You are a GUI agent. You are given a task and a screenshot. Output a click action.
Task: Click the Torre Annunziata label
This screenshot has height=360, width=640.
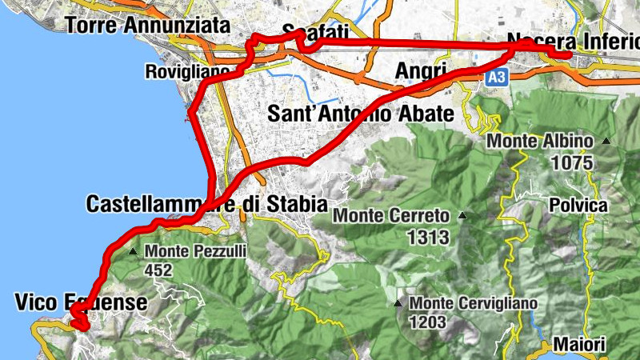(x=147, y=26)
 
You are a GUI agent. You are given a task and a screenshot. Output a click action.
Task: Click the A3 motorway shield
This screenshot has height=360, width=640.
(x=496, y=78)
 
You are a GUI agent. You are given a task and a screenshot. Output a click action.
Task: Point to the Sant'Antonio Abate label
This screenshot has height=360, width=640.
(x=361, y=113)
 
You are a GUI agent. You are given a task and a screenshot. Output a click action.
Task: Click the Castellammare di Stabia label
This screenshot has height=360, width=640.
(x=206, y=204)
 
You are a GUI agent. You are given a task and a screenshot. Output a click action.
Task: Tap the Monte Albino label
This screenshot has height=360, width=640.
(x=541, y=142)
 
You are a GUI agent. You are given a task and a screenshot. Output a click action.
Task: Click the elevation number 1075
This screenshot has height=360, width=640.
(x=572, y=163)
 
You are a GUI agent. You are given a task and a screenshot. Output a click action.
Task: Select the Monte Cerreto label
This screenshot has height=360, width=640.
(x=392, y=215)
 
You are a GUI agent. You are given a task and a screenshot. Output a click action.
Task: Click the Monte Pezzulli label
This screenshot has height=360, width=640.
(x=196, y=251)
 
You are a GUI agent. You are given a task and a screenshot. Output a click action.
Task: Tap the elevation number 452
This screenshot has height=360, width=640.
(x=158, y=270)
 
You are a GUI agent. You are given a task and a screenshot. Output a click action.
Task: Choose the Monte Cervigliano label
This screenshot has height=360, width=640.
(x=473, y=304)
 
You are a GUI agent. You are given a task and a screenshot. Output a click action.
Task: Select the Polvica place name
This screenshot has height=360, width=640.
(x=578, y=205)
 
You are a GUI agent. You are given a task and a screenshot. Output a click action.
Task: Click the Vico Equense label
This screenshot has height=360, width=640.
(x=81, y=302)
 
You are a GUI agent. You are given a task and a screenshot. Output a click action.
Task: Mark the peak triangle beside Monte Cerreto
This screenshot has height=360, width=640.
(x=462, y=215)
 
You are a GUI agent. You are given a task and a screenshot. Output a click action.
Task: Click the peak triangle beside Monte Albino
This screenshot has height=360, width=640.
(x=606, y=142)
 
